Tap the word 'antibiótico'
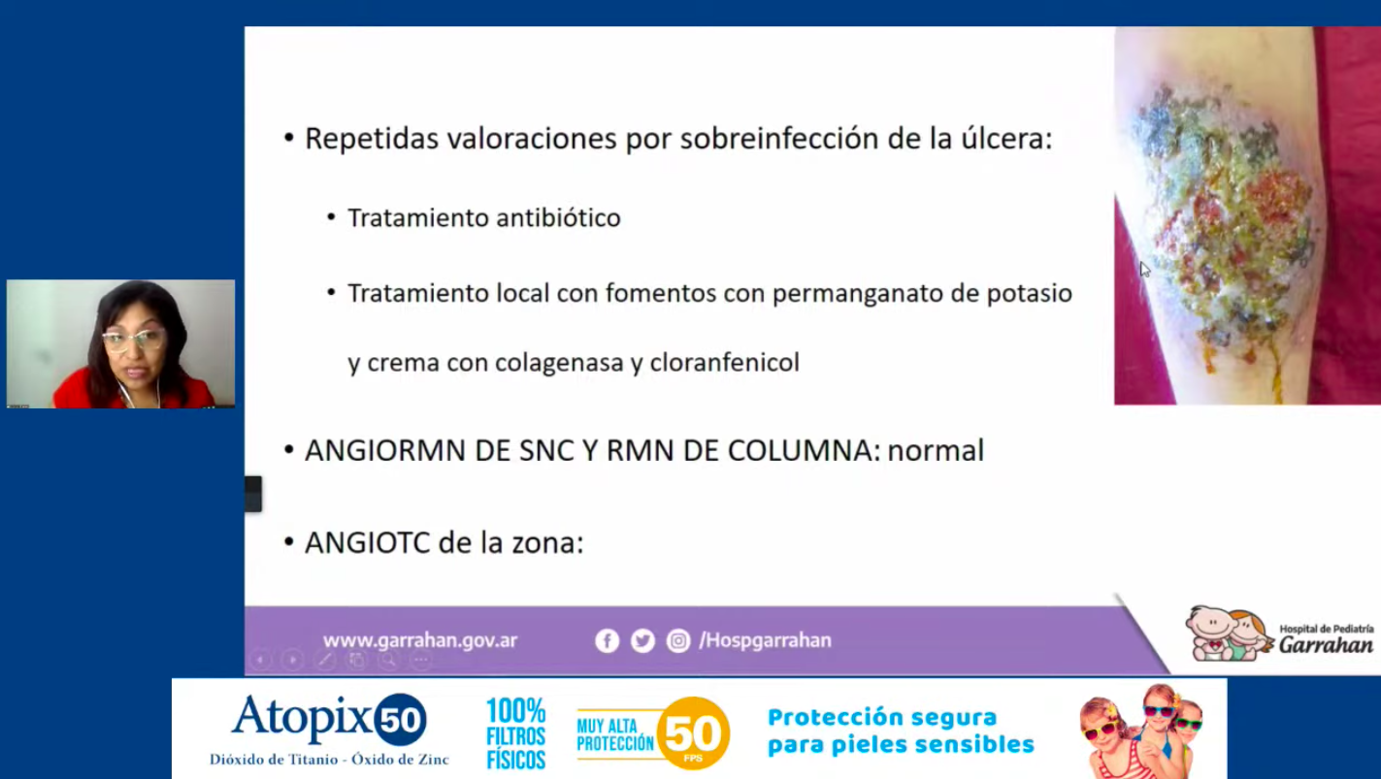point(558,218)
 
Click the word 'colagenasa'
point(558,364)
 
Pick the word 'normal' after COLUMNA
point(936,451)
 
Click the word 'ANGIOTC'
point(367,543)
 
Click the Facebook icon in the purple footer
point(607,641)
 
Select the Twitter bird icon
point(642,641)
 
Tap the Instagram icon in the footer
point(678,641)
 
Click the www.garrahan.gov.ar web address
point(420,641)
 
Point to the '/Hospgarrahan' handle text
point(765,640)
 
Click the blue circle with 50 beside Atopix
point(401,719)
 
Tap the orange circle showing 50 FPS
point(694,733)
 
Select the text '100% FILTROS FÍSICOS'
point(515,733)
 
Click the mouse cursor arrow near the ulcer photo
point(1144,270)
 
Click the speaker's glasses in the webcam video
point(134,339)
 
